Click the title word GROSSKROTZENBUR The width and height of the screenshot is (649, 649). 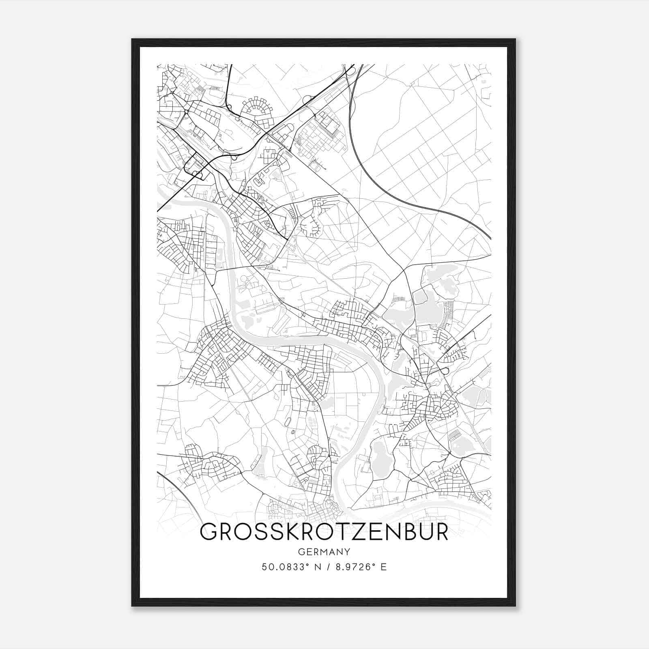point(324,532)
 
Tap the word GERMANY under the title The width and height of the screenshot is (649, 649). point(324,552)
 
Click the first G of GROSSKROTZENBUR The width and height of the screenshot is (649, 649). point(209,532)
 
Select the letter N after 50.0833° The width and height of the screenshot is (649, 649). point(317,567)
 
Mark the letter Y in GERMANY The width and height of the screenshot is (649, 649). point(346,552)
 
